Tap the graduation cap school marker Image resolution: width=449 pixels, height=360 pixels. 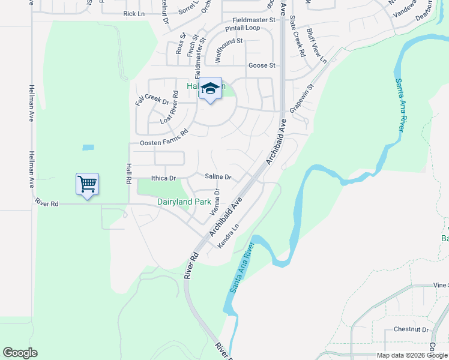(x=210, y=89)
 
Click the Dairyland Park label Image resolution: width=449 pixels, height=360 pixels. (x=184, y=202)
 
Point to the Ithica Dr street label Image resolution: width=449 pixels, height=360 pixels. (x=163, y=178)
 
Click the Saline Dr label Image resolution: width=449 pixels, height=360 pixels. (x=218, y=177)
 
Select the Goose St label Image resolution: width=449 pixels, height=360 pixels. (x=261, y=65)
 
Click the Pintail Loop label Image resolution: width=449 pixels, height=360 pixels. (x=243, y=28)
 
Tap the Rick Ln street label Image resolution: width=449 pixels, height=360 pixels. (x=134, y=13)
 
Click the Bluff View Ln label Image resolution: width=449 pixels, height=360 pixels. (x=316, y=46)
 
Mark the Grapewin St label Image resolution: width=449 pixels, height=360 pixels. (x=303, y=95)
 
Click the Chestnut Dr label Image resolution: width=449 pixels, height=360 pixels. (x=411, y=329)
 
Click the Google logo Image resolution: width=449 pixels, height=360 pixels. (x=20, y=353)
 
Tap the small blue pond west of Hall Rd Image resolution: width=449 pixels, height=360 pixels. (x=88, y=147)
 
